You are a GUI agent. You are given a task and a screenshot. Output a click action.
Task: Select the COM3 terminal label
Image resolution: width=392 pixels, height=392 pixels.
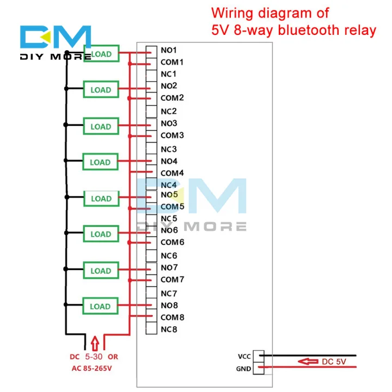(x=172, y=136)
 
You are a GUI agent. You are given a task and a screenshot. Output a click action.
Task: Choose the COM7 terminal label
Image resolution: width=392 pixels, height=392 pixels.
(x=172, y=280)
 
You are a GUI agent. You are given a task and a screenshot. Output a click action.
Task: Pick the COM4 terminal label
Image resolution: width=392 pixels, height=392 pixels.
(x=172, y=173)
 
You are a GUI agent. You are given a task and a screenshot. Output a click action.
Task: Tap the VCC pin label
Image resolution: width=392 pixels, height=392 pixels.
(x=243, y=357)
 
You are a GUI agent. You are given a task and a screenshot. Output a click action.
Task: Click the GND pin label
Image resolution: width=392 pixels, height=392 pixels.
(x=243, y=369)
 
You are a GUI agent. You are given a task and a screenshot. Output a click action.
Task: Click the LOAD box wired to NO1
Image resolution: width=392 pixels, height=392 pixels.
(x=101, y=54)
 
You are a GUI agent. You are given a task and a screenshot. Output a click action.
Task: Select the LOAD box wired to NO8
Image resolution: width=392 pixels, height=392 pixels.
(x=100, y=307)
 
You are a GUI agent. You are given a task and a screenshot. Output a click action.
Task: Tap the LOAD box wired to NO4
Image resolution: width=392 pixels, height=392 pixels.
(x=100, y=162)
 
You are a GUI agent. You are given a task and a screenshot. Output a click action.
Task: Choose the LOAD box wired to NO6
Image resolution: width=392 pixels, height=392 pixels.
(x=100, y=234)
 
